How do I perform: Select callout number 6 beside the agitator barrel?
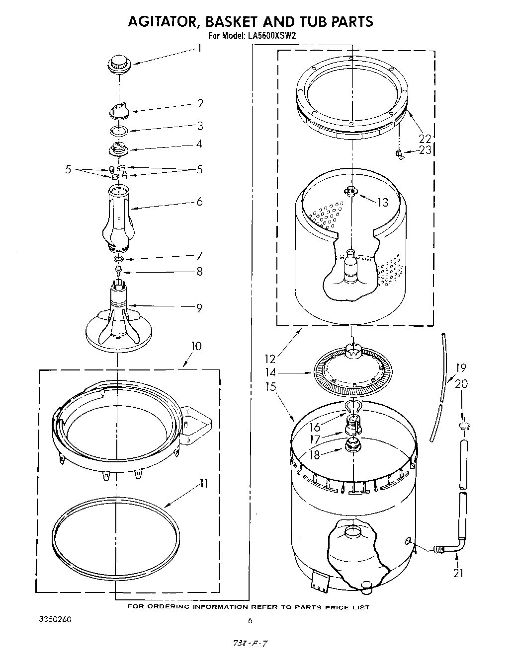pos(199,202)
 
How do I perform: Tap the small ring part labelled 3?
pos(119,131)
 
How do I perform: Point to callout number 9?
pos(199,308)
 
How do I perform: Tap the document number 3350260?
pos(55,620)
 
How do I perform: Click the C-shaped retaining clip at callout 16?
pos(352,407)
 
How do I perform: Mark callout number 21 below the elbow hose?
pos(458,573)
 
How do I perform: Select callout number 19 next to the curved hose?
pos(461,368)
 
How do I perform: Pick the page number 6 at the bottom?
pos(250,620)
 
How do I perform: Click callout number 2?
pos(200,103)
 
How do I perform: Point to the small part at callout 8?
pos(118,271)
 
